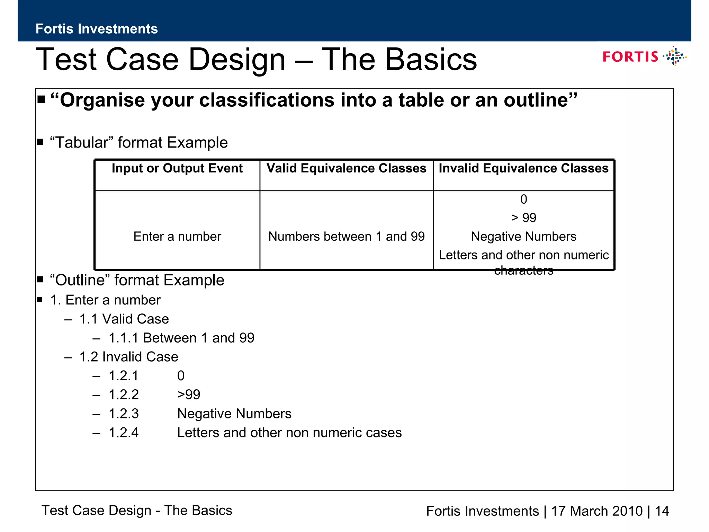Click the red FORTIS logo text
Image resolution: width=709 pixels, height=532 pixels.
(630, 57)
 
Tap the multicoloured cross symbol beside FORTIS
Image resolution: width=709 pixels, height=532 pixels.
(674, 56)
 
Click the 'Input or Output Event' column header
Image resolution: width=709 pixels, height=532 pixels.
(177, 168)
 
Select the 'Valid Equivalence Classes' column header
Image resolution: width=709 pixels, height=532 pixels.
(346, 168)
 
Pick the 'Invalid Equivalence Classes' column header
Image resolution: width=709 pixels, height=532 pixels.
(523, 168)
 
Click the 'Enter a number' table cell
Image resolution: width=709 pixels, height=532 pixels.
(177, 237)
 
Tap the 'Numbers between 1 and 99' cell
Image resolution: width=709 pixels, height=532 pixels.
(346, 237)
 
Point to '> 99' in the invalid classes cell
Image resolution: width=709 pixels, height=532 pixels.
(523, 218)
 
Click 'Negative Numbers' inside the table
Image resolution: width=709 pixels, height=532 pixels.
(523, 237)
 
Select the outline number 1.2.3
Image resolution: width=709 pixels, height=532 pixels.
(124, 414)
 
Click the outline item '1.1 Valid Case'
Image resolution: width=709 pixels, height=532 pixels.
(124, 319)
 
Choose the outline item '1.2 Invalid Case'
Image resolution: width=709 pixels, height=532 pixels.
(128, 357)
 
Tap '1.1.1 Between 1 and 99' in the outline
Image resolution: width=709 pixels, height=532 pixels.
(181, 338)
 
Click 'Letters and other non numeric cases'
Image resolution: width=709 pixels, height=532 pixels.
(289, 433)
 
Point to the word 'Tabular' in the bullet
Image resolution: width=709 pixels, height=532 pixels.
(82, 143)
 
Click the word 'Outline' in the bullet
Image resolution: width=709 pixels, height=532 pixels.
(82, 280)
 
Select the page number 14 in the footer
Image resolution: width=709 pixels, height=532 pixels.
(662, 511)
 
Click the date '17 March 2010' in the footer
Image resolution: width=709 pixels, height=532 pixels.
(596, 511)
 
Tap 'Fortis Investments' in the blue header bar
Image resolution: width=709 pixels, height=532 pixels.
(97, 29)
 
